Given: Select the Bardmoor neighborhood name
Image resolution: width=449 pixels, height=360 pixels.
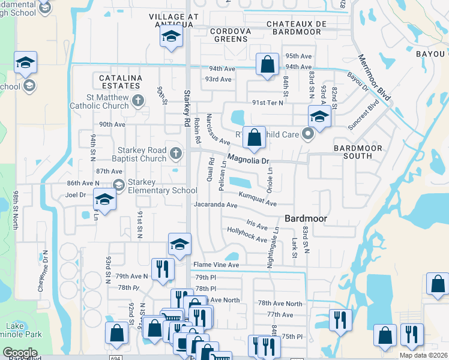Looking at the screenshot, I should click(x=306, y=218).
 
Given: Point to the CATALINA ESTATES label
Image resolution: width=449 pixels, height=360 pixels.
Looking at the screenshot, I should click(x=121, y=82).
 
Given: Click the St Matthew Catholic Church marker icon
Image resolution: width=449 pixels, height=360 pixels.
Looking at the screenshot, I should click(x=138, y=100).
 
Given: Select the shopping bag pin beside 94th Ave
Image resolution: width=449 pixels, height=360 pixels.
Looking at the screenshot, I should click(x=267, y=64).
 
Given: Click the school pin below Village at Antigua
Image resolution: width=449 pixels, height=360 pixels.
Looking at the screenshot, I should click(x=170, y=37).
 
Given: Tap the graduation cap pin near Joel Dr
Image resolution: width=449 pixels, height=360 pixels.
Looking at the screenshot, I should click(x=104, y=200).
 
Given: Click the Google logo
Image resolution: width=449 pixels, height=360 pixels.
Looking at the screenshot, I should click(x=20, y=352).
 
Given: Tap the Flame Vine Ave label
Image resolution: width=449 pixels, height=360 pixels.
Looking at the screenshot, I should click(x=215, y=265).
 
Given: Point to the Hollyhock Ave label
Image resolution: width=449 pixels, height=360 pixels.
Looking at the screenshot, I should click(x=247, y=235).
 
